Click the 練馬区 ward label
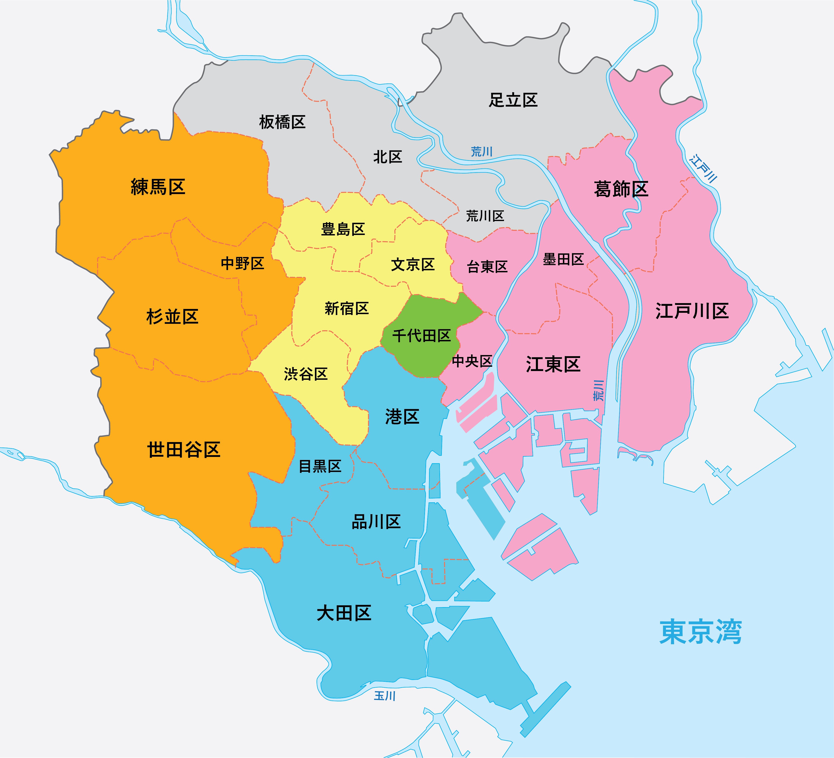(158, 187)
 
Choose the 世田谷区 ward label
(184, 449)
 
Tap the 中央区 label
(472, 361)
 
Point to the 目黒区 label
(320, 466)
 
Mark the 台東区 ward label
(487, 267)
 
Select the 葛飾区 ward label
(620, 189)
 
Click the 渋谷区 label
(306, 374)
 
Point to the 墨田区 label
(563, 259)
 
